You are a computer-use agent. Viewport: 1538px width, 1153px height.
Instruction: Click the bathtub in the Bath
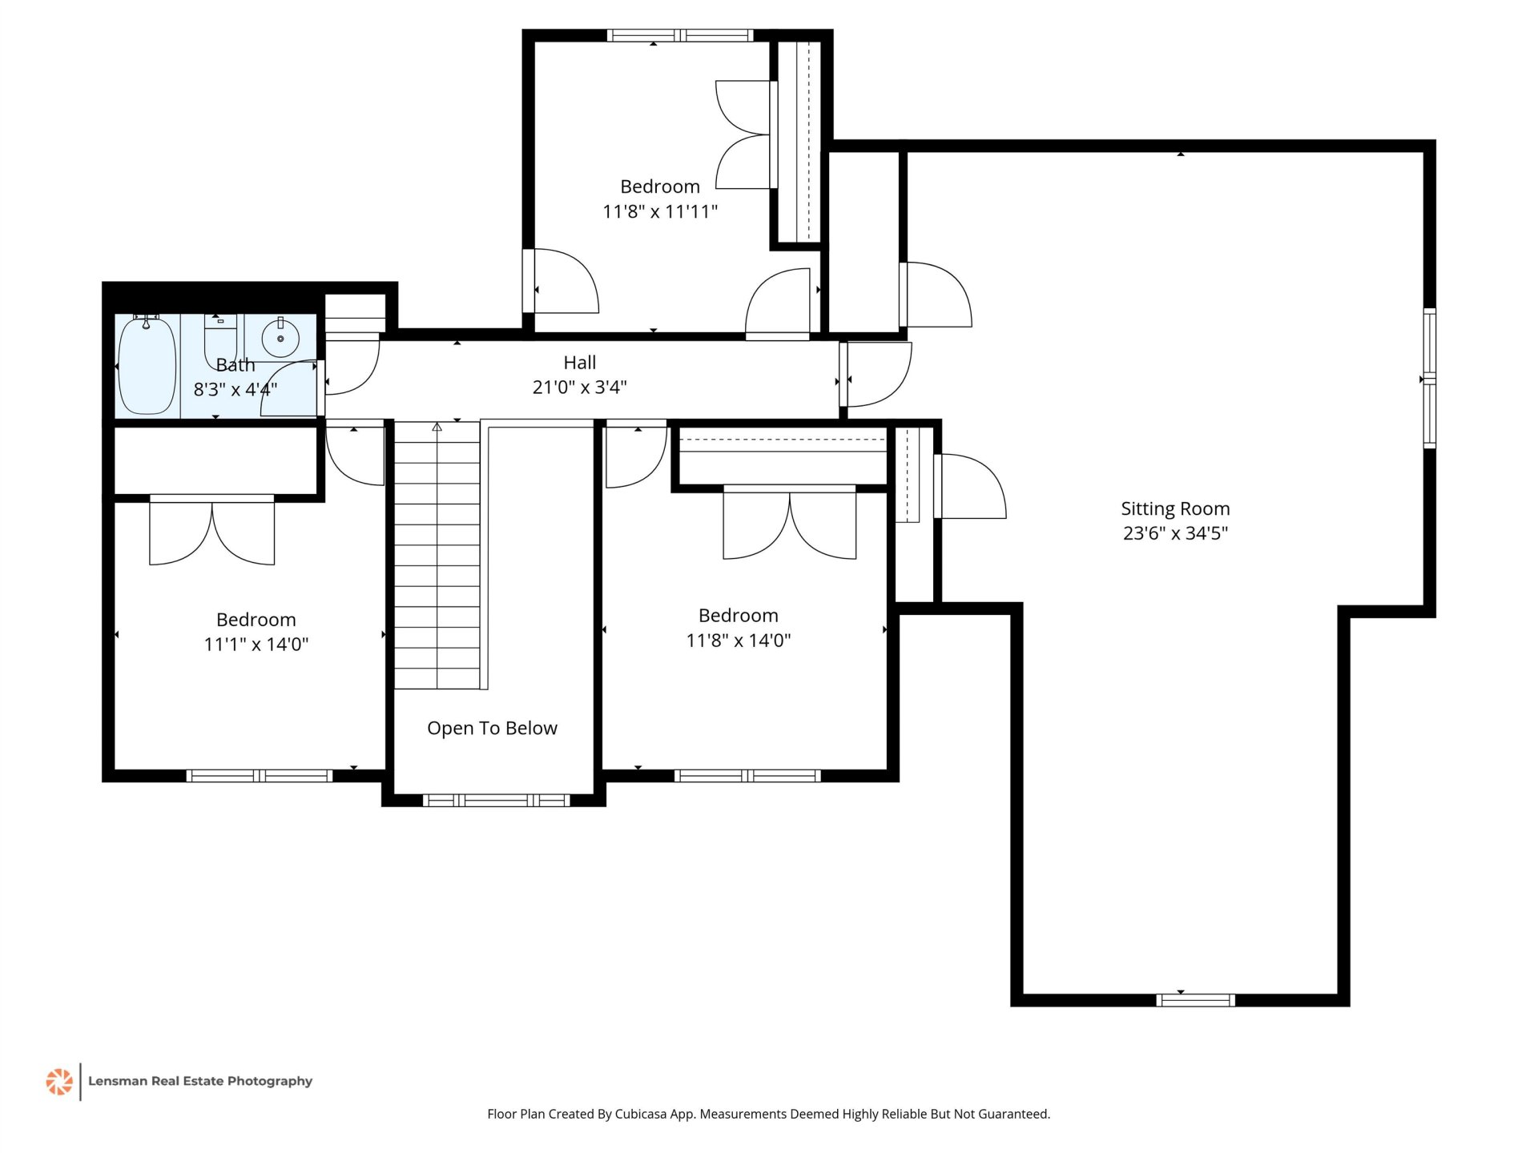pyautogui.click(x=147, y=366)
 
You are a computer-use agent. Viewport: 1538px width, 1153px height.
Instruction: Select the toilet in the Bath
pyautogui.click(x=220, y=339)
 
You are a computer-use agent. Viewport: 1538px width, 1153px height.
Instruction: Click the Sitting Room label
pyautogui.click(x=1175, y=508)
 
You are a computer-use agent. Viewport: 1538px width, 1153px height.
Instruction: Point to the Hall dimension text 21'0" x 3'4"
pyautogui.click(x=579, y=388)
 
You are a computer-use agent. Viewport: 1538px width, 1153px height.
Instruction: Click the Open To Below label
pyautogui.click(x=492, y=728)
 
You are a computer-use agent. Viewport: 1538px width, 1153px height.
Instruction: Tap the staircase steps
pyautogui.click(x=437, y=555)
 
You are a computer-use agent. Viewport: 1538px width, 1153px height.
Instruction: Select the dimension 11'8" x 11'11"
pyautogui.click(x=660, y=211)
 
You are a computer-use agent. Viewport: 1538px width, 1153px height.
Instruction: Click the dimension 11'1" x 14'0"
pyautogui.click(x=256, y=645)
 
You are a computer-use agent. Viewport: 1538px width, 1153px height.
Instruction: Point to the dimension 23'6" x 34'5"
pyautogui.click(x=1175, y=533)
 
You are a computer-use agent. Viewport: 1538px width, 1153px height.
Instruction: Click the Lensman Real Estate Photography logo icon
pyautogui.click(x=59, y=1082)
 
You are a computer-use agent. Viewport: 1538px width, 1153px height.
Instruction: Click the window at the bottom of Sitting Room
pyautogui.click(x=1195, y=1000)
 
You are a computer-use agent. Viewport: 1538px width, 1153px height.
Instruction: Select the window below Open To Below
pyautogui.click(x=496, y=800)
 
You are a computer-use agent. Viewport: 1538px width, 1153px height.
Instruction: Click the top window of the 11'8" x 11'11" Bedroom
pyautogui.click(x=679, y=35)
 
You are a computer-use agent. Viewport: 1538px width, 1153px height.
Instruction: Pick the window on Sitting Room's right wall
pyautogui.click(x=1429, y=378)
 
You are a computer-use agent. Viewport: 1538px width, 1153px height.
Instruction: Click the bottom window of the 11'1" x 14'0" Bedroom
pyautogui.click(x=259, y=775)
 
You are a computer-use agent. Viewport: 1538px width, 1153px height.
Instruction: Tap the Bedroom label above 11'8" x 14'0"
pyautogui.click(x=739, y=616)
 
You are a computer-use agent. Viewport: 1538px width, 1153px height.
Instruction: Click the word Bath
pyautogui.click(x=236, y=365)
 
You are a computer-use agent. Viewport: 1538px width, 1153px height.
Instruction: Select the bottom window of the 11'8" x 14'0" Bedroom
pyautogui.click(x=747, y=775)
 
